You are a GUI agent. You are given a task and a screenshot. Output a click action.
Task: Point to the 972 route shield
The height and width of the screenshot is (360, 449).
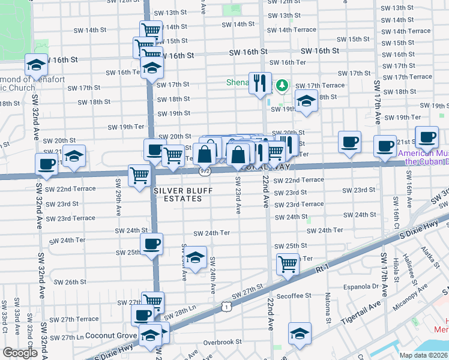205,171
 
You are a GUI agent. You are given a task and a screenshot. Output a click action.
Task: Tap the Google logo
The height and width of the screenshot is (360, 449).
20,353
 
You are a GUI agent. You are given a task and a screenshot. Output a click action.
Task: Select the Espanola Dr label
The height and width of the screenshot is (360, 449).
363,286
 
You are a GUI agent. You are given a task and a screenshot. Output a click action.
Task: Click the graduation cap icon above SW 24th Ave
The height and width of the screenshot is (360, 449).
195,257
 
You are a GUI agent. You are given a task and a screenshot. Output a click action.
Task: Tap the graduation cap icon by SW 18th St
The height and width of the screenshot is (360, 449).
306,101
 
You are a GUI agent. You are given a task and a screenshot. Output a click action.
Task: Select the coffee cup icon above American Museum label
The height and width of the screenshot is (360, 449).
427,136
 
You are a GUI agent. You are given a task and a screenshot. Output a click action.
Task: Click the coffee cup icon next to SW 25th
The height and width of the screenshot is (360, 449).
151,244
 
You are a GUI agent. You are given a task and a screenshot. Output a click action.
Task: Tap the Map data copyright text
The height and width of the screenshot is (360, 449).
423,355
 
